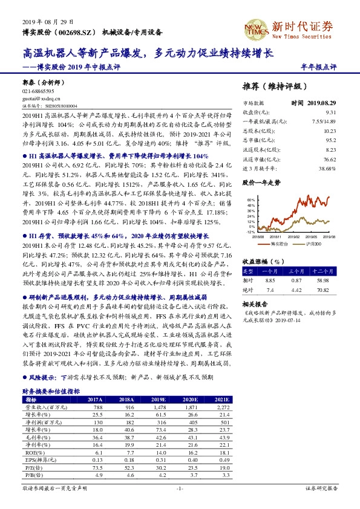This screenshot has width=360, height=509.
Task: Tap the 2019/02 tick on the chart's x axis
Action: pyautogui.click(x=293, y=237)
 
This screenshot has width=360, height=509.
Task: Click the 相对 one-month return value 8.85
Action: pyautogui.click(x=270, y=280)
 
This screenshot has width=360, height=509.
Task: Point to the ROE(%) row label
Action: pyautogui.click(x=33, y=451)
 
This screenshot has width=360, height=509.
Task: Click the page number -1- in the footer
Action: pyautogui.click(x=180, y=488)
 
